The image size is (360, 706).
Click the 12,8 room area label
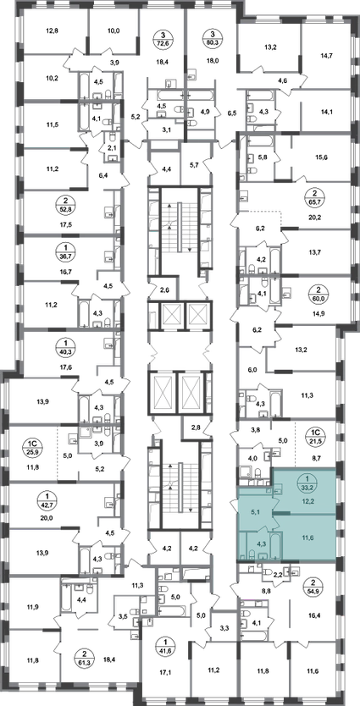(53, 31)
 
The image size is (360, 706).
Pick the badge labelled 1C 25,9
(32, 446)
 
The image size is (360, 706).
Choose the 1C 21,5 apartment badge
(314, 436)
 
